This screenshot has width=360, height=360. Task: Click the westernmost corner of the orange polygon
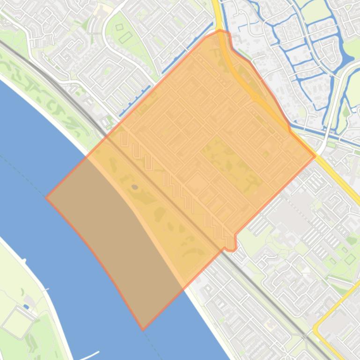click(x=46, y=197)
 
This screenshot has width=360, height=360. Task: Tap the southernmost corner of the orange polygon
click(x=143, y=330)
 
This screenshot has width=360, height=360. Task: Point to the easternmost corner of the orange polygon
click(x=315, y=156)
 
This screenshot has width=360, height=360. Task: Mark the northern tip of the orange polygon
click(x=220, y=30)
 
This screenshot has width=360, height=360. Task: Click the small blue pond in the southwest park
click(x=26, y=307)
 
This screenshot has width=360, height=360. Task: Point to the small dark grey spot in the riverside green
click(x=135, y=187)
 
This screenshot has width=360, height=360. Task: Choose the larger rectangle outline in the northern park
click(x=125, y=37)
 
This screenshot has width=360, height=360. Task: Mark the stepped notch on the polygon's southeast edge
click(x=231, y=241)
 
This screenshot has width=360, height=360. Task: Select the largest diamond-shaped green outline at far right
click(x=349, y=259)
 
